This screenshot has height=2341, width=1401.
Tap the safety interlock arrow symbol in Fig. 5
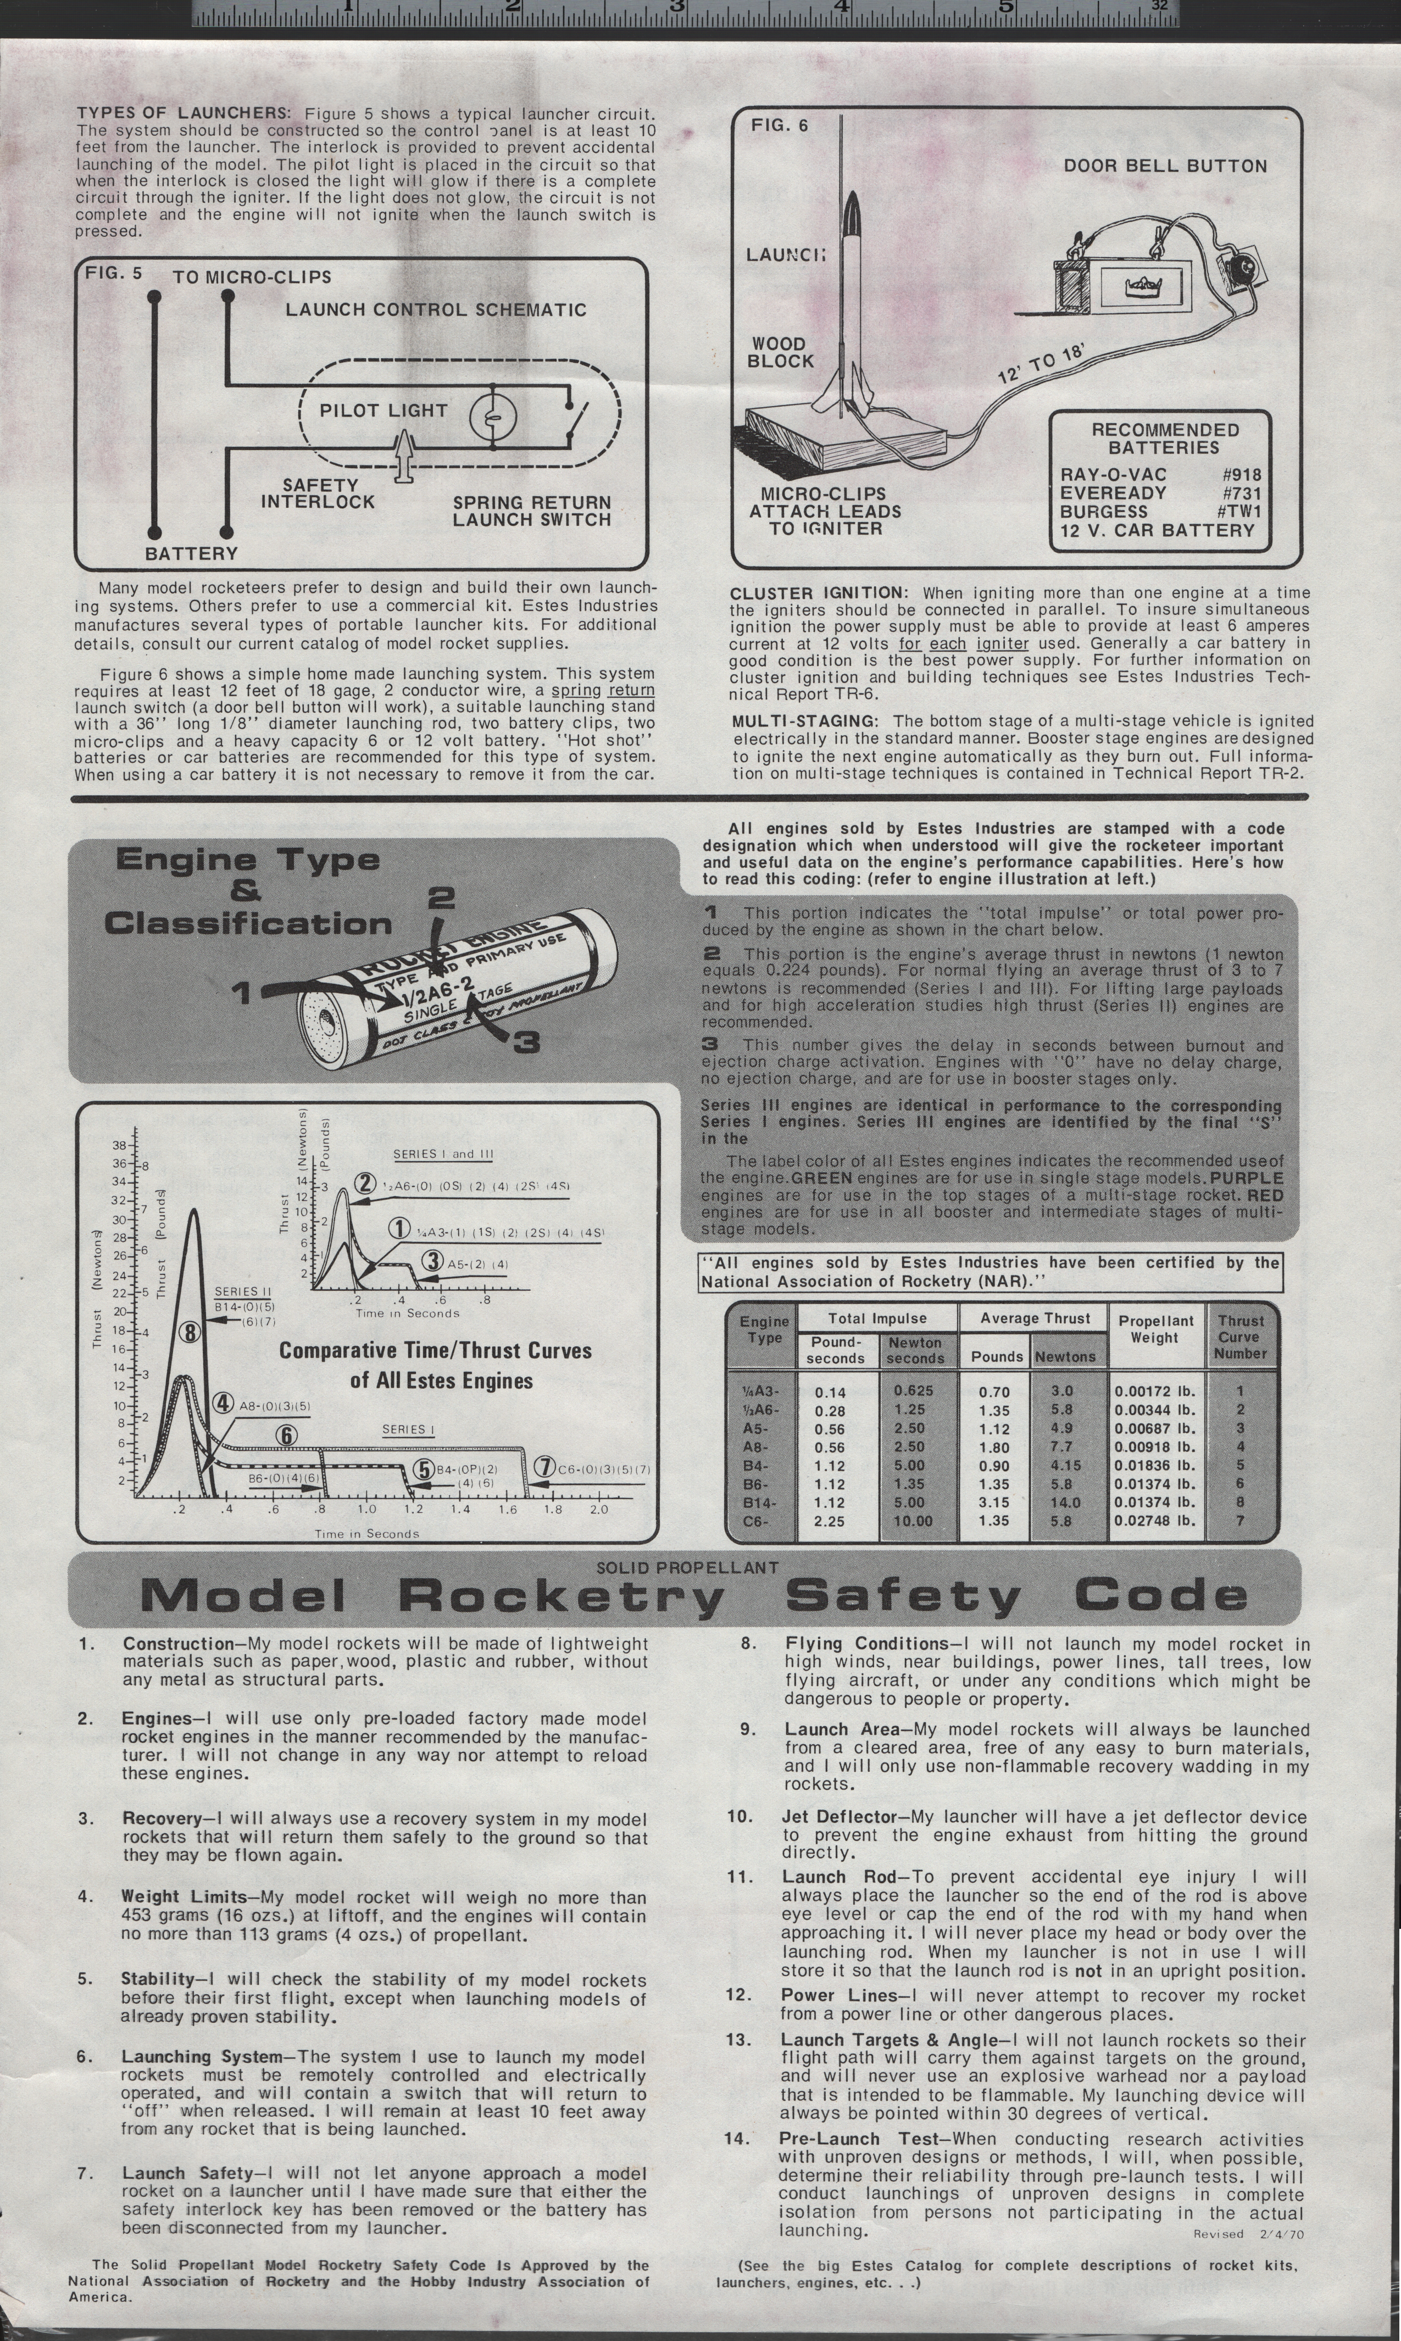pyautogui.click(x=404, y=455)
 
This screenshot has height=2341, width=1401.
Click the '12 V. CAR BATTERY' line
pyautogui.click(x=1158, y=531)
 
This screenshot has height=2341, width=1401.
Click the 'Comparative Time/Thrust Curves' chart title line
pyautogui.click(x=435, y=1350)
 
